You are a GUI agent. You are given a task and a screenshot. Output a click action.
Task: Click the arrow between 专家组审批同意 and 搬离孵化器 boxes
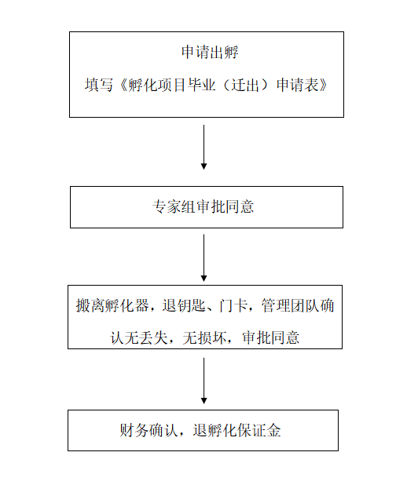pyautogui.click(x=204, y=257)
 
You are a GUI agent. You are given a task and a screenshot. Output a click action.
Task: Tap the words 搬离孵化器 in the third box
pyautogui.click(x=108, y=306)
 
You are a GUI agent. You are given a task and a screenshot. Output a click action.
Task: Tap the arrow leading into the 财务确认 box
pyautogui.click(x=204, y=381)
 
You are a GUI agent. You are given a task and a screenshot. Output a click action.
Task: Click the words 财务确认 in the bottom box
pyautogui.click(x=149, y=431)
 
